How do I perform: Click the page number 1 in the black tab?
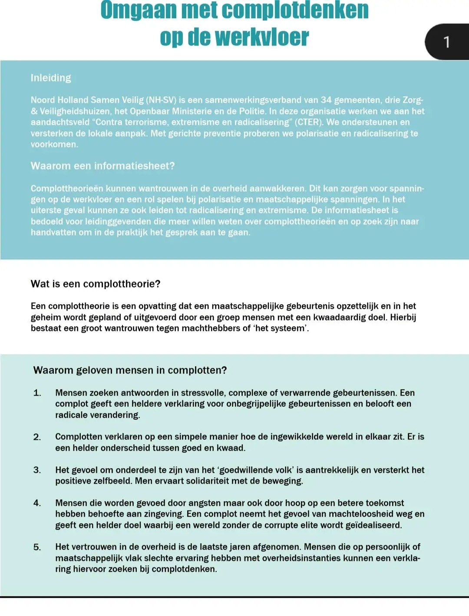446,42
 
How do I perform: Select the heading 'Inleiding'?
51,78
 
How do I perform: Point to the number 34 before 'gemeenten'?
326,100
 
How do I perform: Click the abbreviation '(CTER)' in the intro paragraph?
308,122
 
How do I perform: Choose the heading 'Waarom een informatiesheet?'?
102,166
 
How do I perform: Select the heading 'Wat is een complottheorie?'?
96,284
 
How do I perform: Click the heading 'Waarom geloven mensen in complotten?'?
130,370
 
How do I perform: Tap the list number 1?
37,393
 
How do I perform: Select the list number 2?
37,437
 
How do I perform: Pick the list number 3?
37,470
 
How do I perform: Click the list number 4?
37,503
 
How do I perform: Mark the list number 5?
37,547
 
